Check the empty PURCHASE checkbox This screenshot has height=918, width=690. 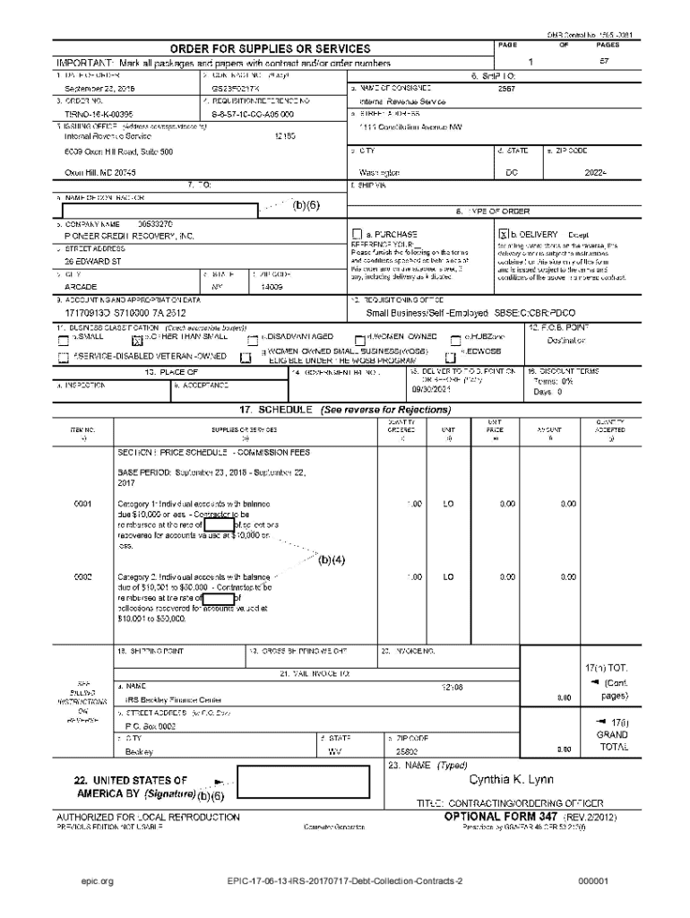point(358,233)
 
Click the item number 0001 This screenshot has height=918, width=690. point(83,505)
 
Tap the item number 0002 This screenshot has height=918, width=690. point(83,576)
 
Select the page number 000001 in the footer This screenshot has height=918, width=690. point(594,881)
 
